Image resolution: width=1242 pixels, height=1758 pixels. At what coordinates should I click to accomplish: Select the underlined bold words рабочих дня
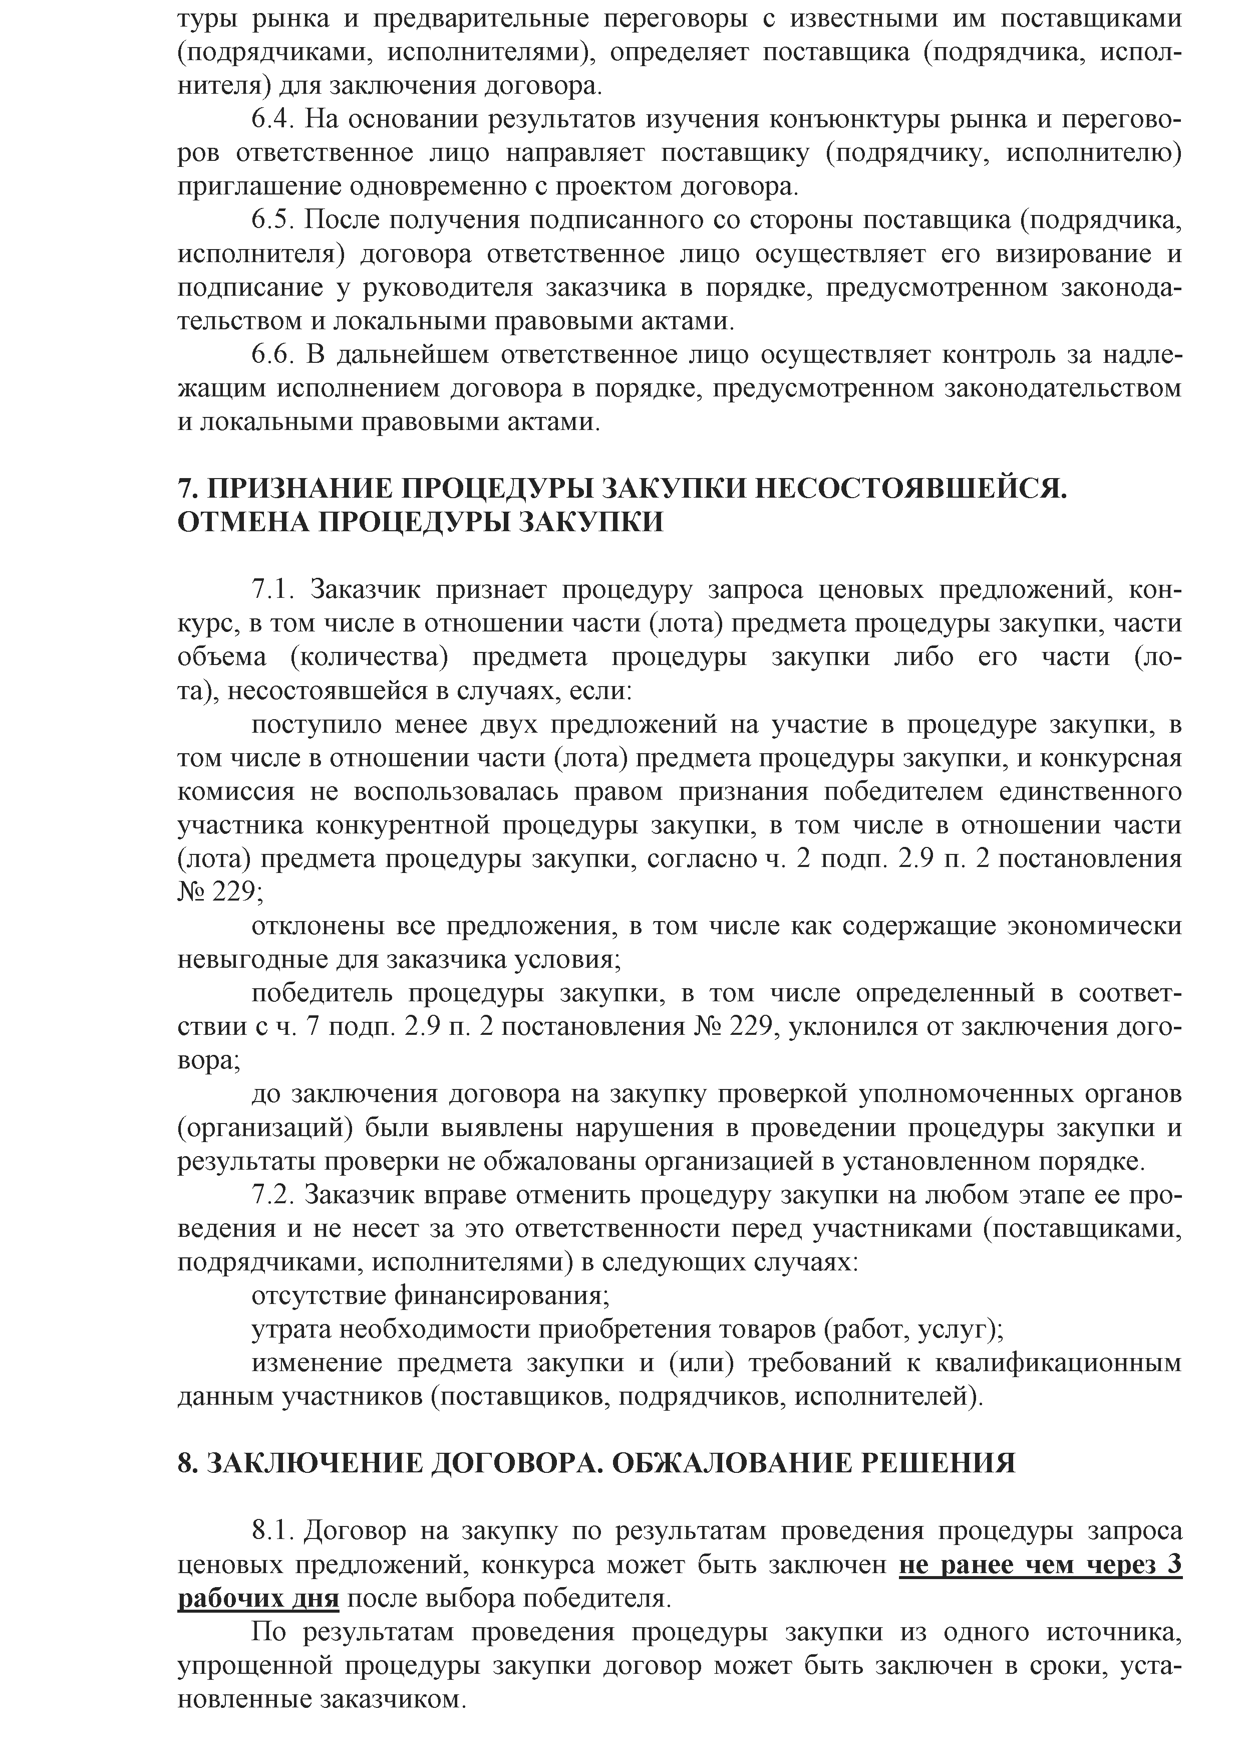pos(258,1600)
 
